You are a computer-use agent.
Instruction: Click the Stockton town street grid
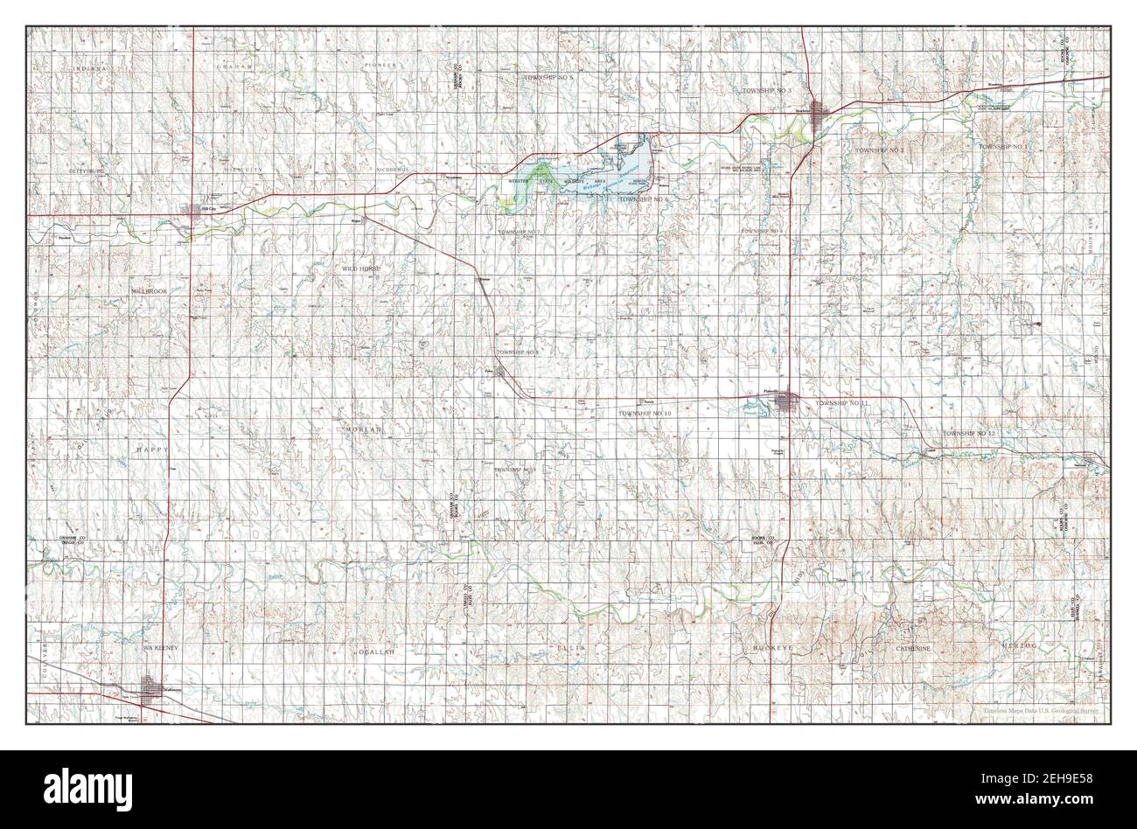pos(820,113)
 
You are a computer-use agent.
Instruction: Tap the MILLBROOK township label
pos(143,289)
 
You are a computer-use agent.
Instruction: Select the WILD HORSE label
pos(362,270)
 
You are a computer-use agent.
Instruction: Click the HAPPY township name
pos(150,449)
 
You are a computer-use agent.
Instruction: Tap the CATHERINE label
pos(917,648)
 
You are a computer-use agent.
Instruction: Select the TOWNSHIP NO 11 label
pos(841,402)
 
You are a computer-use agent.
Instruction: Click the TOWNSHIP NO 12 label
pos(970,434)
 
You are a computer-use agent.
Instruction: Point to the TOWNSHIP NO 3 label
pos(767,91)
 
